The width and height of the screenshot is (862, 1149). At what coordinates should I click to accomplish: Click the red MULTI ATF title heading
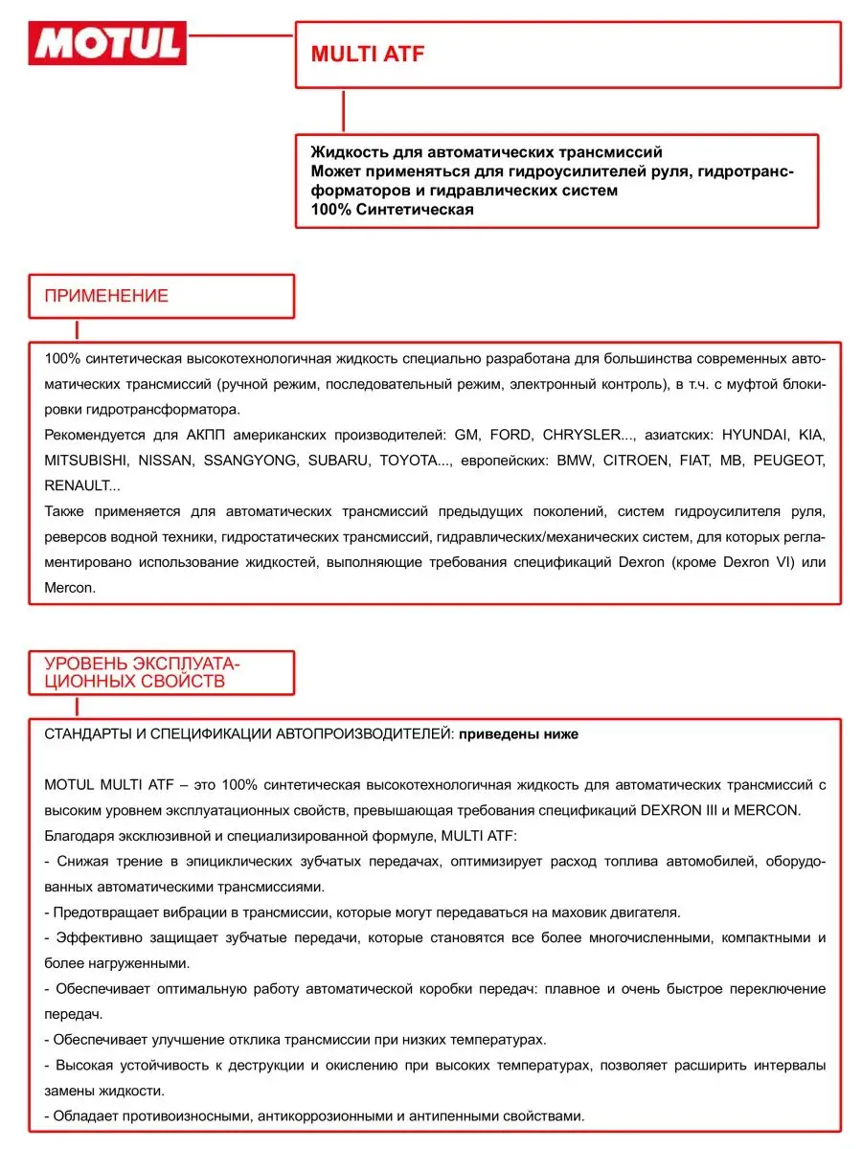(x=367, y=54)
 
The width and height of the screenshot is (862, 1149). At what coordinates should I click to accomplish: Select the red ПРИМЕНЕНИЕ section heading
(x=106, y=296)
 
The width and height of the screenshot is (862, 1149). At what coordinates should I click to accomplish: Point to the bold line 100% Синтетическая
(x=393, y=210)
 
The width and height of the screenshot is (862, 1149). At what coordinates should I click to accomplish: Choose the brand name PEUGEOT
(x=789, y=461)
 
